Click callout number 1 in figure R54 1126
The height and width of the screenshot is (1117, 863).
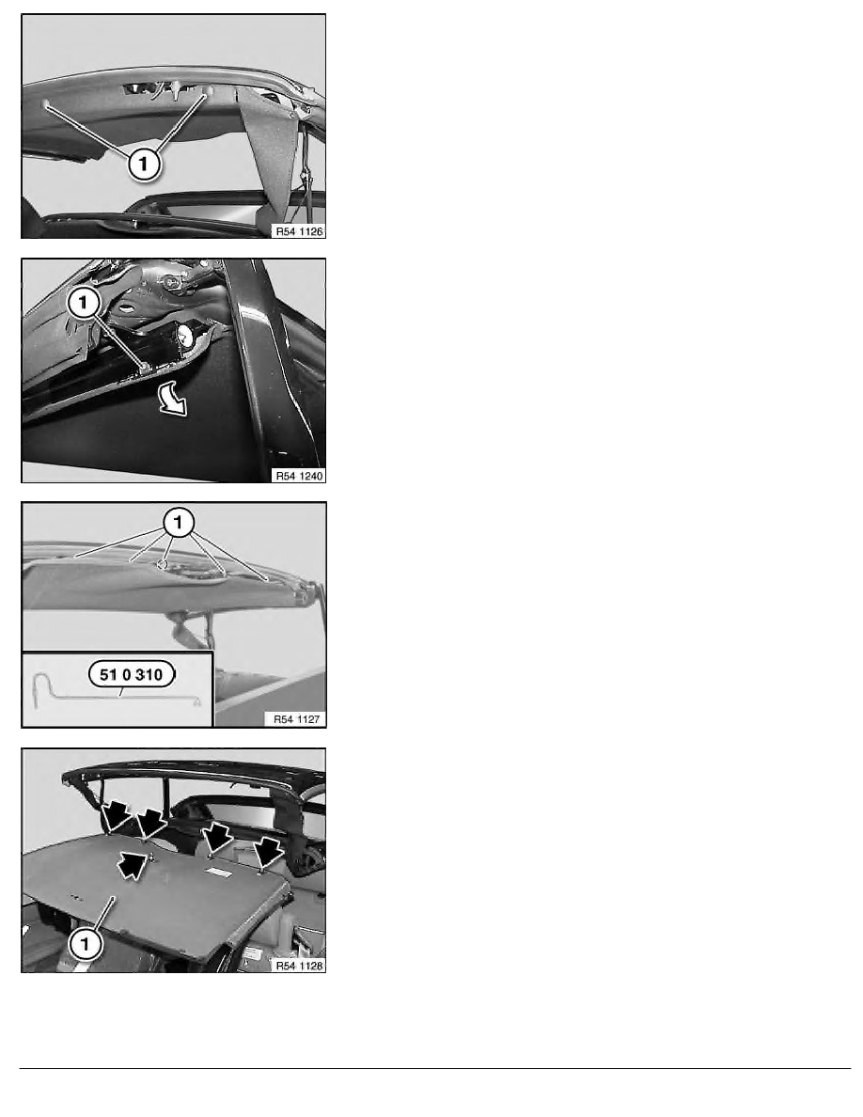point(144,165)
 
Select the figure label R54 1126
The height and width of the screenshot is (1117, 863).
point(299,231)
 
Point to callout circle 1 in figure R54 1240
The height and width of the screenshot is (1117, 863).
point(83,303)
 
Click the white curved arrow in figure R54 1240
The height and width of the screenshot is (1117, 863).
point(172,396)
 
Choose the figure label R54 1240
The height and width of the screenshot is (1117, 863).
point(299,476)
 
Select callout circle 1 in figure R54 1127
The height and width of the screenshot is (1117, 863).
point(178,523)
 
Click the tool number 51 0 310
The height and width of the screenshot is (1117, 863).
point(132,674)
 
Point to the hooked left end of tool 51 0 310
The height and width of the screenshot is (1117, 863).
point(37,688)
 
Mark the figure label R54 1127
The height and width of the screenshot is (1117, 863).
point(297,719)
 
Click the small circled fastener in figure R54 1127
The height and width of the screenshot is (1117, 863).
point(163,564)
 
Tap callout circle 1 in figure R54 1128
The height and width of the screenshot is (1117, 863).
point(86,945)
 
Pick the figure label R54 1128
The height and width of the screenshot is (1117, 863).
point(299,966)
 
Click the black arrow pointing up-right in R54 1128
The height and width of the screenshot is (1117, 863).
point(133,863)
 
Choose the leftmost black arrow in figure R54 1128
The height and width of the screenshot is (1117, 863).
point(116,815)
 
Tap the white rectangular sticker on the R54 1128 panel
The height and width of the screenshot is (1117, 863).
point(218,872)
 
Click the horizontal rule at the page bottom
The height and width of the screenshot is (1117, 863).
point(435,1068)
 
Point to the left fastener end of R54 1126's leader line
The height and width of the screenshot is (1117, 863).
point(45,104)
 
